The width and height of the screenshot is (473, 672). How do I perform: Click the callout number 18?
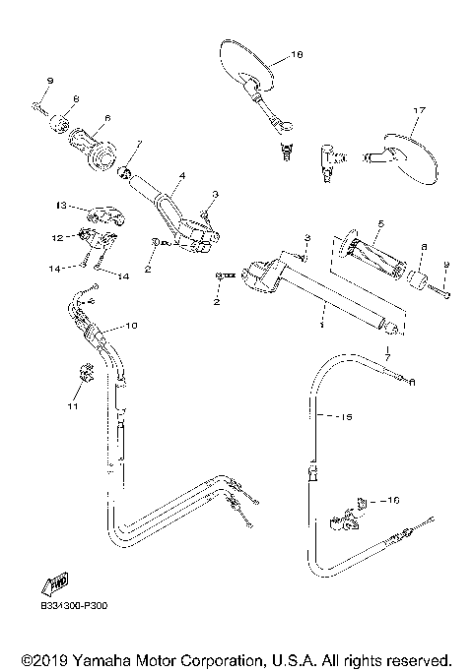pos(299,56)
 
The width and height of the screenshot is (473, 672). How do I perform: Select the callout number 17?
pos(419,110)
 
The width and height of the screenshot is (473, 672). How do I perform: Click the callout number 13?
pos(61,206)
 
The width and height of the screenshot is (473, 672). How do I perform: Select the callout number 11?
pos(72,404)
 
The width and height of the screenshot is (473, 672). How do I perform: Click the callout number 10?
pos(131,325)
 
